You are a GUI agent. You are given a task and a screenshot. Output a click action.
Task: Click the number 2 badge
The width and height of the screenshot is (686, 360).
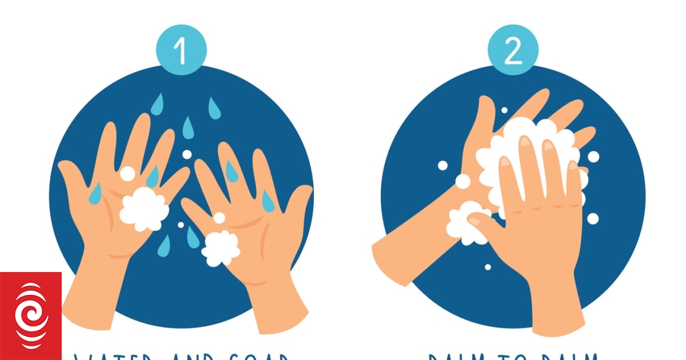tap(513, 51)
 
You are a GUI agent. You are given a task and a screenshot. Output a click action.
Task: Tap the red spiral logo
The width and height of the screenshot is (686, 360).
tap(30, 316)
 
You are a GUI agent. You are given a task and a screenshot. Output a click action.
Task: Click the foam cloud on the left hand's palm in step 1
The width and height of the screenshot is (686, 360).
tap(144, 209)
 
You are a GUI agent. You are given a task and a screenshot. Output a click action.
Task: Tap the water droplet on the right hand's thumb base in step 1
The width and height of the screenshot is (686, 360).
tap(268, 200)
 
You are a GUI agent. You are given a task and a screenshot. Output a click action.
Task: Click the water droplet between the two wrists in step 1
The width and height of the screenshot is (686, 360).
tap(165, 246)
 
